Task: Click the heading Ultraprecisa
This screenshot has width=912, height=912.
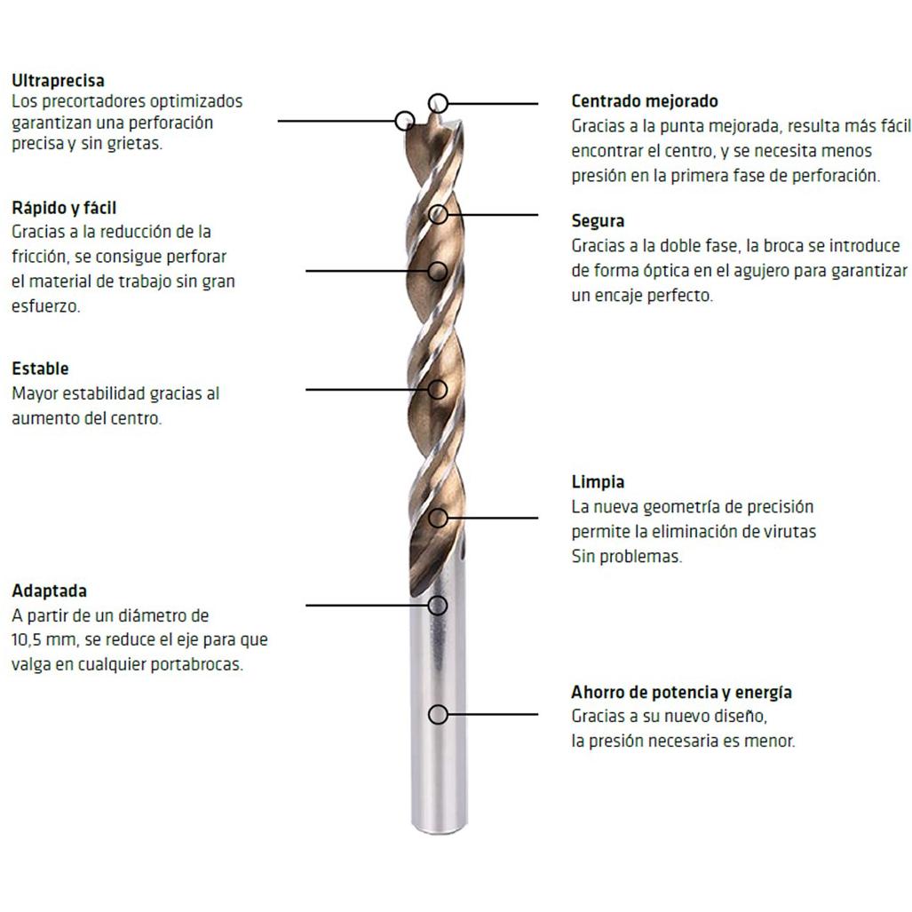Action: click(x=58, y=80)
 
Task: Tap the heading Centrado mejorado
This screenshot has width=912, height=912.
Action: click(x=645, y=101)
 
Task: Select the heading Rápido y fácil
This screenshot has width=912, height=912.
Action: click(x=64, y=208)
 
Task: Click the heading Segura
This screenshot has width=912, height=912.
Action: click(x=598, y=221)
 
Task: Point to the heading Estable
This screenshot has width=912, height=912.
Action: click(x=40, y=369)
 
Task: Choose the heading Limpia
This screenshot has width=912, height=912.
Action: click(x=598, y=481)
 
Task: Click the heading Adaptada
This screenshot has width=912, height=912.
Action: click(x=50, y=591)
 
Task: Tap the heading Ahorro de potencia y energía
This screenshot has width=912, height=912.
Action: click(x=681, y=692)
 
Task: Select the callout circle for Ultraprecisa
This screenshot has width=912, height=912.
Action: click(x=404, y=112)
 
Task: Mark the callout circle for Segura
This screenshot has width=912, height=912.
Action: click(x=438, y=206)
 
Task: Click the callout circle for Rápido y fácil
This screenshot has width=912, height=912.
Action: click(x=438, y=262)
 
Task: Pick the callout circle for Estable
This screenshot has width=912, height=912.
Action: click(x=438, y=381)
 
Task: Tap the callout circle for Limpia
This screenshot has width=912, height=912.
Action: click(x=438, y=509)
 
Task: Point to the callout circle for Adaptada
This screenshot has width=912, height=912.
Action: click(x=438, y=597)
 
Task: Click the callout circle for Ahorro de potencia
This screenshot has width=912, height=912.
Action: click(x=438, y=705)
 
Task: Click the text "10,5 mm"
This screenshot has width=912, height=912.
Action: click(x=44, y=639)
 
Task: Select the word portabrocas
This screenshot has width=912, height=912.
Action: click(x=196, y=664)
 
